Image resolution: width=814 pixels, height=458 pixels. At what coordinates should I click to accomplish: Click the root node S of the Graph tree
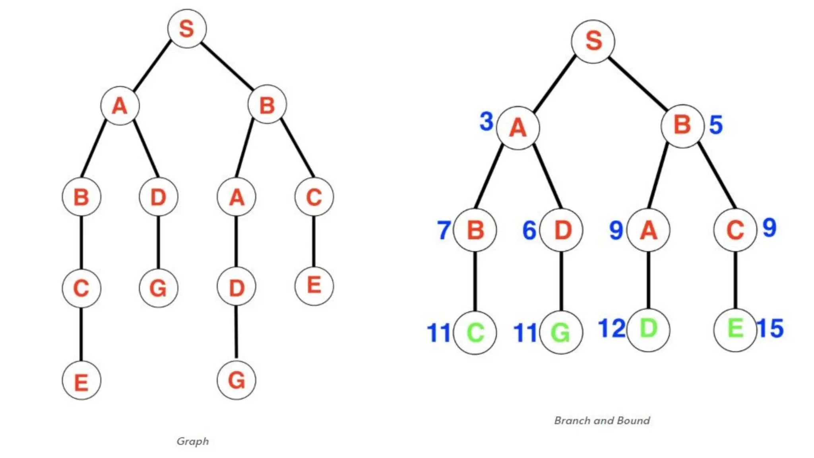click(x=187, y=29)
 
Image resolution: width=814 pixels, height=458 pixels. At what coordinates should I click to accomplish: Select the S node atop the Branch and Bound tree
click(x=593, y=41)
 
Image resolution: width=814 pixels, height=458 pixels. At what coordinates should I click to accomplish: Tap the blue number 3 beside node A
click(x=486, y=121)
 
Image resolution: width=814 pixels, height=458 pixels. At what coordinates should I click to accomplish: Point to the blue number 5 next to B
click(x=716, y=125)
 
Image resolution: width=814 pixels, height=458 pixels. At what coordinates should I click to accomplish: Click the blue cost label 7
click(x=444, y=230)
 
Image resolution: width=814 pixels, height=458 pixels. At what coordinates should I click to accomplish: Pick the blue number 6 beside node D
click(x=529, y=230)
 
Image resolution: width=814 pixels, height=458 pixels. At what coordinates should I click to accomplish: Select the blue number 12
click(x=612, y=328)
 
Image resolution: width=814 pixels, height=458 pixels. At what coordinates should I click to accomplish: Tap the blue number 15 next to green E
click(x=770, y=328)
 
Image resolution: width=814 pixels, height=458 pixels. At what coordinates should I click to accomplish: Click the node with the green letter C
click(x=475, y=332)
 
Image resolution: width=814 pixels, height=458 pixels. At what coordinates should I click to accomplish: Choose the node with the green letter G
click(x=561, y=332)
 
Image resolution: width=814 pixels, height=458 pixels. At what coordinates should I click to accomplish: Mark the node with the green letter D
click(x=648, y=329)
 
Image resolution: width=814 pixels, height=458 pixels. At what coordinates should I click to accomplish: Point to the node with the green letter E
click(x=735, y=329)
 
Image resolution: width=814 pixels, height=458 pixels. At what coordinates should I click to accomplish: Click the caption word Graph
click(x=193, y=441)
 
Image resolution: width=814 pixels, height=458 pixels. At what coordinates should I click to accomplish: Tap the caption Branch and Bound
click(x=602, y=420)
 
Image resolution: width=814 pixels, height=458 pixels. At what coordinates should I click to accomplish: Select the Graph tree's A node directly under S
click(x=120, y=106)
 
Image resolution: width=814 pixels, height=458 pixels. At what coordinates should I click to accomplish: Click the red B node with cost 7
click(x=475, y=230)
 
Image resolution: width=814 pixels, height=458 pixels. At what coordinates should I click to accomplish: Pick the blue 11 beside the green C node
click(x=439, y=333)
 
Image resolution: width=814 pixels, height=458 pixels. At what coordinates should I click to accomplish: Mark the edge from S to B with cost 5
click(x=638, y=83)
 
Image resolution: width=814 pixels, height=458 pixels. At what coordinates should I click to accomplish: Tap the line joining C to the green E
click(x=735, y=280)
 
